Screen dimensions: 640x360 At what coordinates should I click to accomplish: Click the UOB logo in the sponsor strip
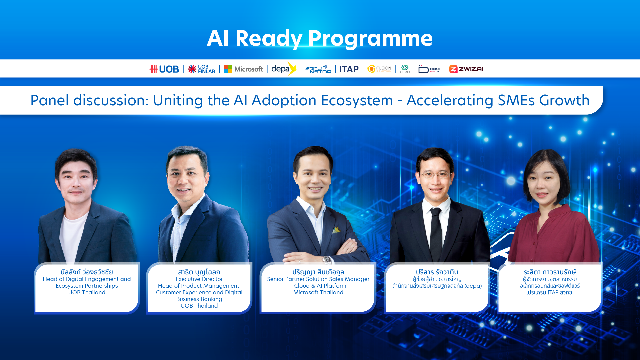tap(164, 69)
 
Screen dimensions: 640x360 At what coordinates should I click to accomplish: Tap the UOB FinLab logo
tap(201, 69)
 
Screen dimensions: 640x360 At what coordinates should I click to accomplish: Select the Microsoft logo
tap(243, 69)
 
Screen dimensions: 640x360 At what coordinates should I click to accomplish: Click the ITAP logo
tap(349, 69)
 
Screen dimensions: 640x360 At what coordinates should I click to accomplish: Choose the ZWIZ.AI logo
tap(466, 69)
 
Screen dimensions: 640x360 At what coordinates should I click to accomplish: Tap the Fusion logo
tap(379, 69)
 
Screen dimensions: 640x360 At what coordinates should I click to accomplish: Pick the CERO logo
tap(405, 69)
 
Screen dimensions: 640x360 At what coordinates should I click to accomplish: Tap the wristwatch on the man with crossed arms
tap(327, 260)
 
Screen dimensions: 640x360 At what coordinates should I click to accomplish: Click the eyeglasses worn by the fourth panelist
tap(435, 174)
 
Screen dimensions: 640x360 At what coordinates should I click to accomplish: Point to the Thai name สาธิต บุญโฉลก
tap(199, 272)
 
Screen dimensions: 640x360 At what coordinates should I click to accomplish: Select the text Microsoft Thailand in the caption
tap(318, 292)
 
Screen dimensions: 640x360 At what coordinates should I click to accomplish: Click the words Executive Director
tap(199, 279)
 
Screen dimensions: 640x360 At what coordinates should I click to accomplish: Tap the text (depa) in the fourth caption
tap(473, 286)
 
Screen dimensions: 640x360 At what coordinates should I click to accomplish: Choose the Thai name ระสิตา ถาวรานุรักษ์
tap(550, 272)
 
